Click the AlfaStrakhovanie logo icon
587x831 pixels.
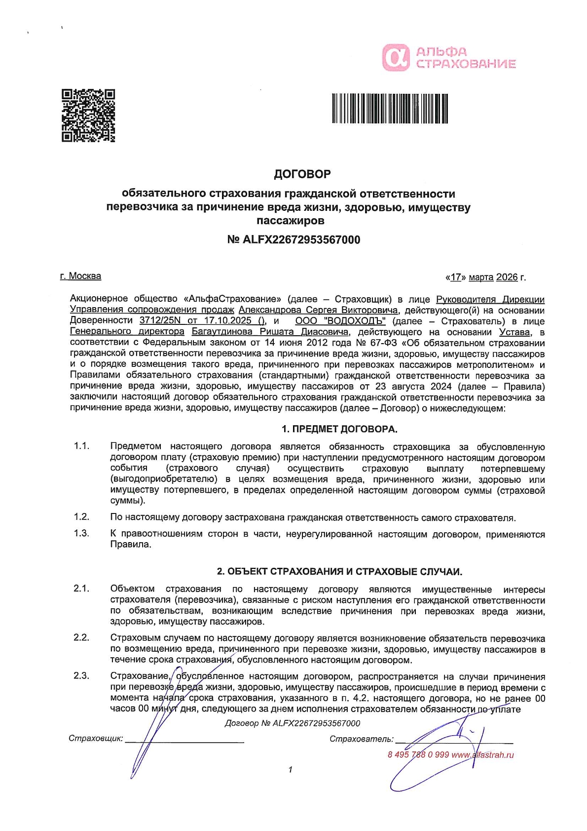(396, 57)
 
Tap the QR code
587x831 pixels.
(88, 116)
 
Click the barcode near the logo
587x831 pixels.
(390, 108)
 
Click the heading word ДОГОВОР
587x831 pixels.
(302, 174)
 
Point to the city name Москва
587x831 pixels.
(85, 276)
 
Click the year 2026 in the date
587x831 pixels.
(507, 277)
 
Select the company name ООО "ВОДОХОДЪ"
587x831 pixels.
(340, 321)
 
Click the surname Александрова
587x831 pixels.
(269, 311)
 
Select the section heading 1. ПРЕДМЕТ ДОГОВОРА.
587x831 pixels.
(339, 429)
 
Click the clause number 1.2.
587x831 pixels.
(81, 517)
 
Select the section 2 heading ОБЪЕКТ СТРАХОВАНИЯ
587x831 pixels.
(339, 572)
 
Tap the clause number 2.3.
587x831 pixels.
(81, 676)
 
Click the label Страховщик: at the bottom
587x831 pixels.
(96, 739)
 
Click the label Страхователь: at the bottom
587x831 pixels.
(362, 739)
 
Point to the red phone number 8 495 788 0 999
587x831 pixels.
(418, 755)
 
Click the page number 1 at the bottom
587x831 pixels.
(291, 770)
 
